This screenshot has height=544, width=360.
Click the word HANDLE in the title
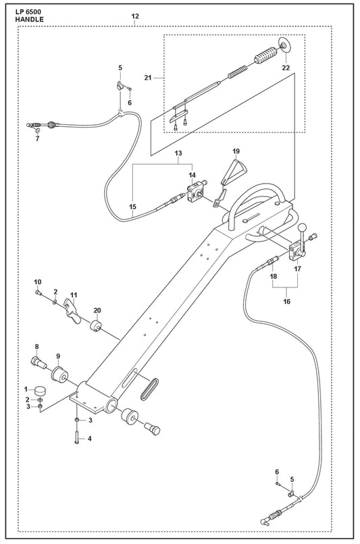(30, 20)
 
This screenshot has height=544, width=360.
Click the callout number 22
(285, 67)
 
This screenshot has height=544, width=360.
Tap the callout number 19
(236, 151)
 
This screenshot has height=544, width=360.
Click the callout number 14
(192, 175)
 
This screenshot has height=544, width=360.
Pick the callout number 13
(178, 153)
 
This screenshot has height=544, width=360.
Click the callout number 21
(148, 78)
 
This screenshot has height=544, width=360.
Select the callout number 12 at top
(135, 16)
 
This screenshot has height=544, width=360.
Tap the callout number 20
(97, 310)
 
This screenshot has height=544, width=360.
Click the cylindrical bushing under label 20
(95, 326)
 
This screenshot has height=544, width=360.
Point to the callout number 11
(73, 295)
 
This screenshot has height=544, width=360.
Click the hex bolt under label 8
(38, 363)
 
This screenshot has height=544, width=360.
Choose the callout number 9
(58, 356)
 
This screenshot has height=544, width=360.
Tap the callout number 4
(89, 439)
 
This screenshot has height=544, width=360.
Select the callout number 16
(287, 302)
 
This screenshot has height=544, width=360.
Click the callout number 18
(274, 277)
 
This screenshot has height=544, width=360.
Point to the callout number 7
(38, 139)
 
